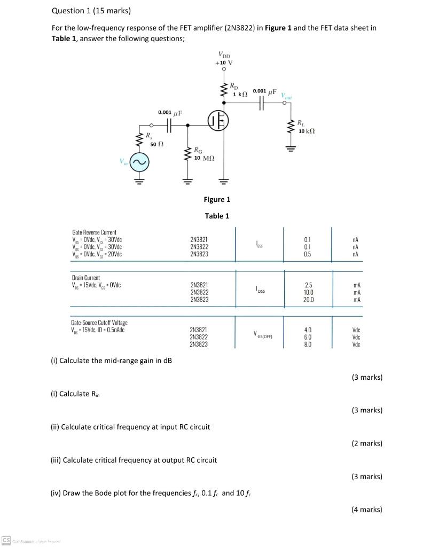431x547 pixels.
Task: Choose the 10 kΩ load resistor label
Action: click(309, 131)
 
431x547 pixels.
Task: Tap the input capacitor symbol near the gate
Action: click(169, 125)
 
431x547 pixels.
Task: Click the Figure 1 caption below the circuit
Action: click(217, 199)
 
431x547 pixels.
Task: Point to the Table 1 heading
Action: click(217, 216)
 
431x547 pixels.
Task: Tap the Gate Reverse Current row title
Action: click(94, 233)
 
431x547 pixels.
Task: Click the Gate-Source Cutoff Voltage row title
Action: click(99, 323)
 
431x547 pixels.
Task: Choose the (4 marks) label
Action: click(367, 509)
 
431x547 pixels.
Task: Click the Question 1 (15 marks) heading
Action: click(91, 11)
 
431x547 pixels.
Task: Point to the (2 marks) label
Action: click(367, 443)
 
